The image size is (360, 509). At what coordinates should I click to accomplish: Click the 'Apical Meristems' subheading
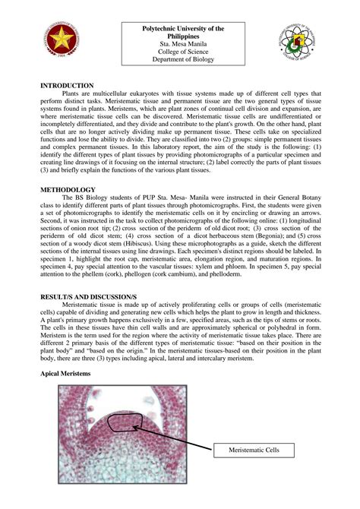tap(65, 375)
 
